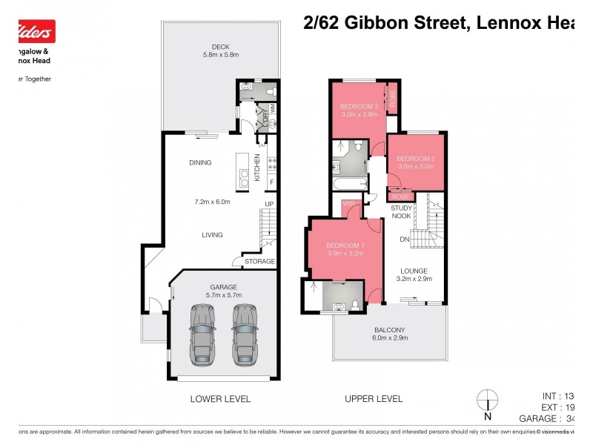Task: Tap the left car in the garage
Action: (x=202, y=334)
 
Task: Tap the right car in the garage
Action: (x=245, y=334)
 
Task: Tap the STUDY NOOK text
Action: (x=402, y=213)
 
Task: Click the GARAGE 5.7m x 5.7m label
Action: (x=223, y=291)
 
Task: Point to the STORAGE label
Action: (x=260, y=261)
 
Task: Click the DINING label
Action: (x=200, y=163)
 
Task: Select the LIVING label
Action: (x=212, y=235)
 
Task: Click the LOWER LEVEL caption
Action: (x=220, y=399)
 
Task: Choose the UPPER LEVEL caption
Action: (x=374, y=399)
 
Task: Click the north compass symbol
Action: (x=487, y=401)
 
